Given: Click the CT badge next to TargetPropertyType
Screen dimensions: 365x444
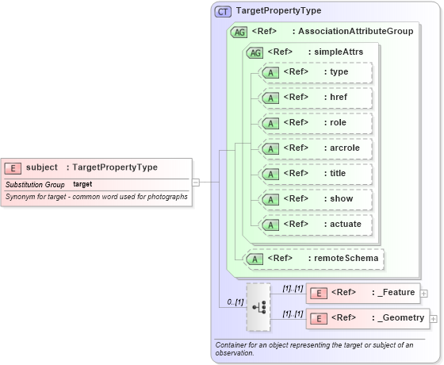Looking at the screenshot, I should pos(223,11).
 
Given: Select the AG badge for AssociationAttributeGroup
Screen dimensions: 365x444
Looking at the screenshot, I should pos(238,32).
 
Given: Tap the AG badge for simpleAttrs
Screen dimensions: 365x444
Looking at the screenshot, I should pos(255,52).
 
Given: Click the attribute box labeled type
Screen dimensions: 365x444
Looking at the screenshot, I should pos(316,72).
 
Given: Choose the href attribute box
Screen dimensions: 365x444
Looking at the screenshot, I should pos(316,98).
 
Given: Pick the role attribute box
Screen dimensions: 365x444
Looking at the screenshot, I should pos(316,123).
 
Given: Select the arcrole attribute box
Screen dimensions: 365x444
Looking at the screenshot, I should pos(316,148).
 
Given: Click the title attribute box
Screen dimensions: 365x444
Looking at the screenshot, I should pos(316,174).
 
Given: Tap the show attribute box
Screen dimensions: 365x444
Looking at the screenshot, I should pos(316,199).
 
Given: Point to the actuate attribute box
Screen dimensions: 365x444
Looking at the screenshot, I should pos(316,225).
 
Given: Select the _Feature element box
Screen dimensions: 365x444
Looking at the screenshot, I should pos(363,293).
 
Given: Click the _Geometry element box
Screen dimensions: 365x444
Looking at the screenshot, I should pos(368,318).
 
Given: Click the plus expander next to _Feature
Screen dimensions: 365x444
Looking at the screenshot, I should pos(424,294).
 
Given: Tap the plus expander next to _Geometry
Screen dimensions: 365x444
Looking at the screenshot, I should pos(434,319).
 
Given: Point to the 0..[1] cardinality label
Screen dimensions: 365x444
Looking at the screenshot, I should pos(234,302).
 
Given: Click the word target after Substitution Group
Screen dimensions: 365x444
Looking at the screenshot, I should pos(82,184).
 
